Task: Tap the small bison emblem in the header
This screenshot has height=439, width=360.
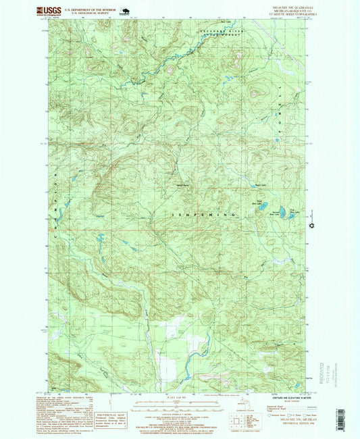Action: [123, 11]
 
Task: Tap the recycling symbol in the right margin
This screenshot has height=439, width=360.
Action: [311, 226]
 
